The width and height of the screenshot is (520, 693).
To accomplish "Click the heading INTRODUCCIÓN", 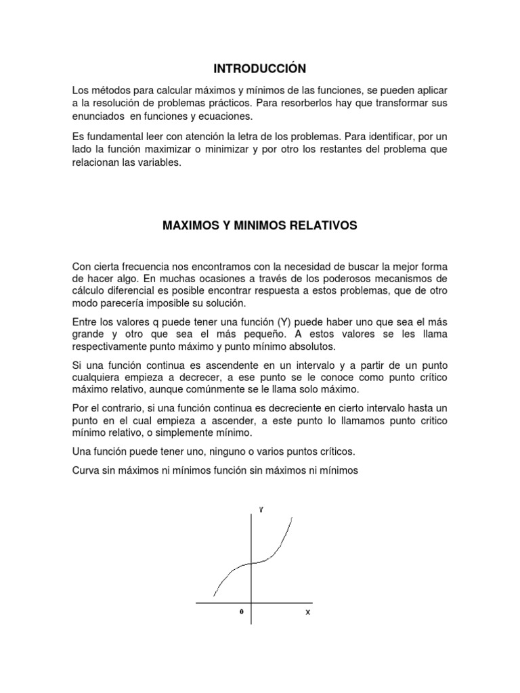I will click(x=260, y=68).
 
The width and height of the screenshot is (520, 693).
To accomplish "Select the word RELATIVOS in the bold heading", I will click(x=321, y=225).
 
